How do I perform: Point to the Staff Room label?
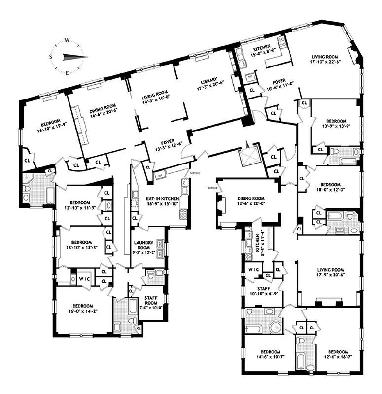click(x=151, y=301)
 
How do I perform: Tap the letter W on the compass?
click(x=67, y=41)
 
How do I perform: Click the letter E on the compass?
click(x=67, y=72)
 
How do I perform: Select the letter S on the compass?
click(x=51, y=57)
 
